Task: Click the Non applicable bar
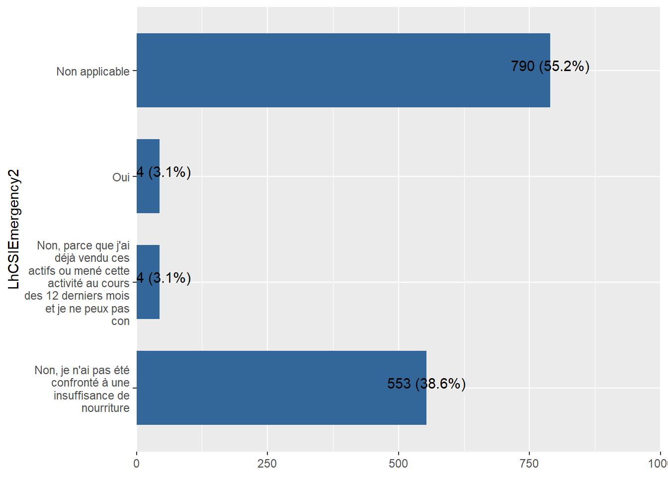(343, 70)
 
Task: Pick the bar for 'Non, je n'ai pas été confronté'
(281, 388)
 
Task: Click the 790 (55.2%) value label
(550, 66)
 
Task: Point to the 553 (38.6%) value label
(426, 384)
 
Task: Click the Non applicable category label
(93, 72)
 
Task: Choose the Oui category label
(121, 177)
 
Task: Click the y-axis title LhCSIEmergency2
(14, 229)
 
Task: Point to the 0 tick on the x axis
(137, 464)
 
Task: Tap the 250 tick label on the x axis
(267, 464)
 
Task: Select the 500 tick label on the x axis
(398, 464)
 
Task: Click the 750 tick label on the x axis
(529, 464)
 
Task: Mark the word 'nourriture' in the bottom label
(105, 408)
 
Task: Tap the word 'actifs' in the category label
(42, 271)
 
